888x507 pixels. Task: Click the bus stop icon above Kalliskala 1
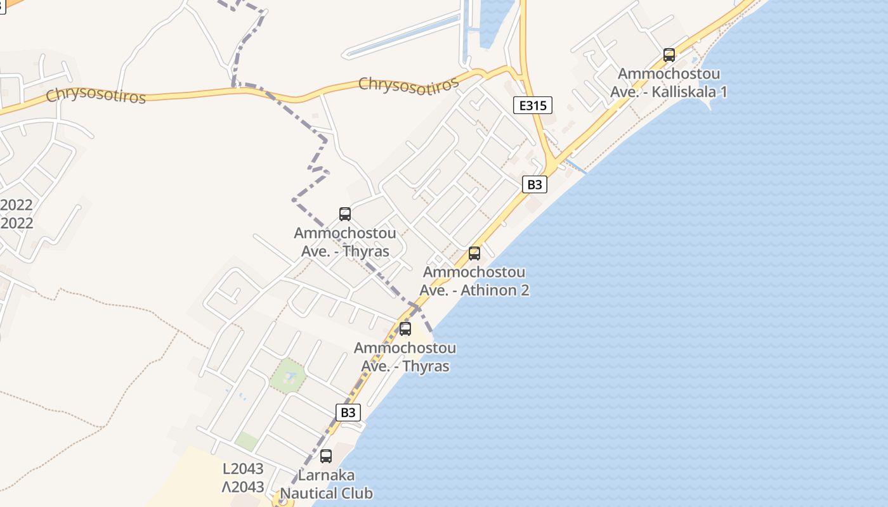click(x=669, y=55)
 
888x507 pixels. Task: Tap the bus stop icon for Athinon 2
click(x=474, y=253)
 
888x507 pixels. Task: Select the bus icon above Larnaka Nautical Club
click(x=326, y=456)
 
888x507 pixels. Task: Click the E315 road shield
click(x=532, y=105)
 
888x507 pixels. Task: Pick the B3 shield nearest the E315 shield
click(x=535, y=184)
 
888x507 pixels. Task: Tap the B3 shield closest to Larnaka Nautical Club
click(x=348, y=413)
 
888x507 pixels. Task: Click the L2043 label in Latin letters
click(x=243, y=469)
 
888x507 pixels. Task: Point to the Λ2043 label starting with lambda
click(x=243, y=487)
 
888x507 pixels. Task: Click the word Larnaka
click(x=326, y=475)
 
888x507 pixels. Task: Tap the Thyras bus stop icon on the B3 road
click(x=405, y=329)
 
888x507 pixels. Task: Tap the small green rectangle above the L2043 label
click(x=246, y=440)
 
